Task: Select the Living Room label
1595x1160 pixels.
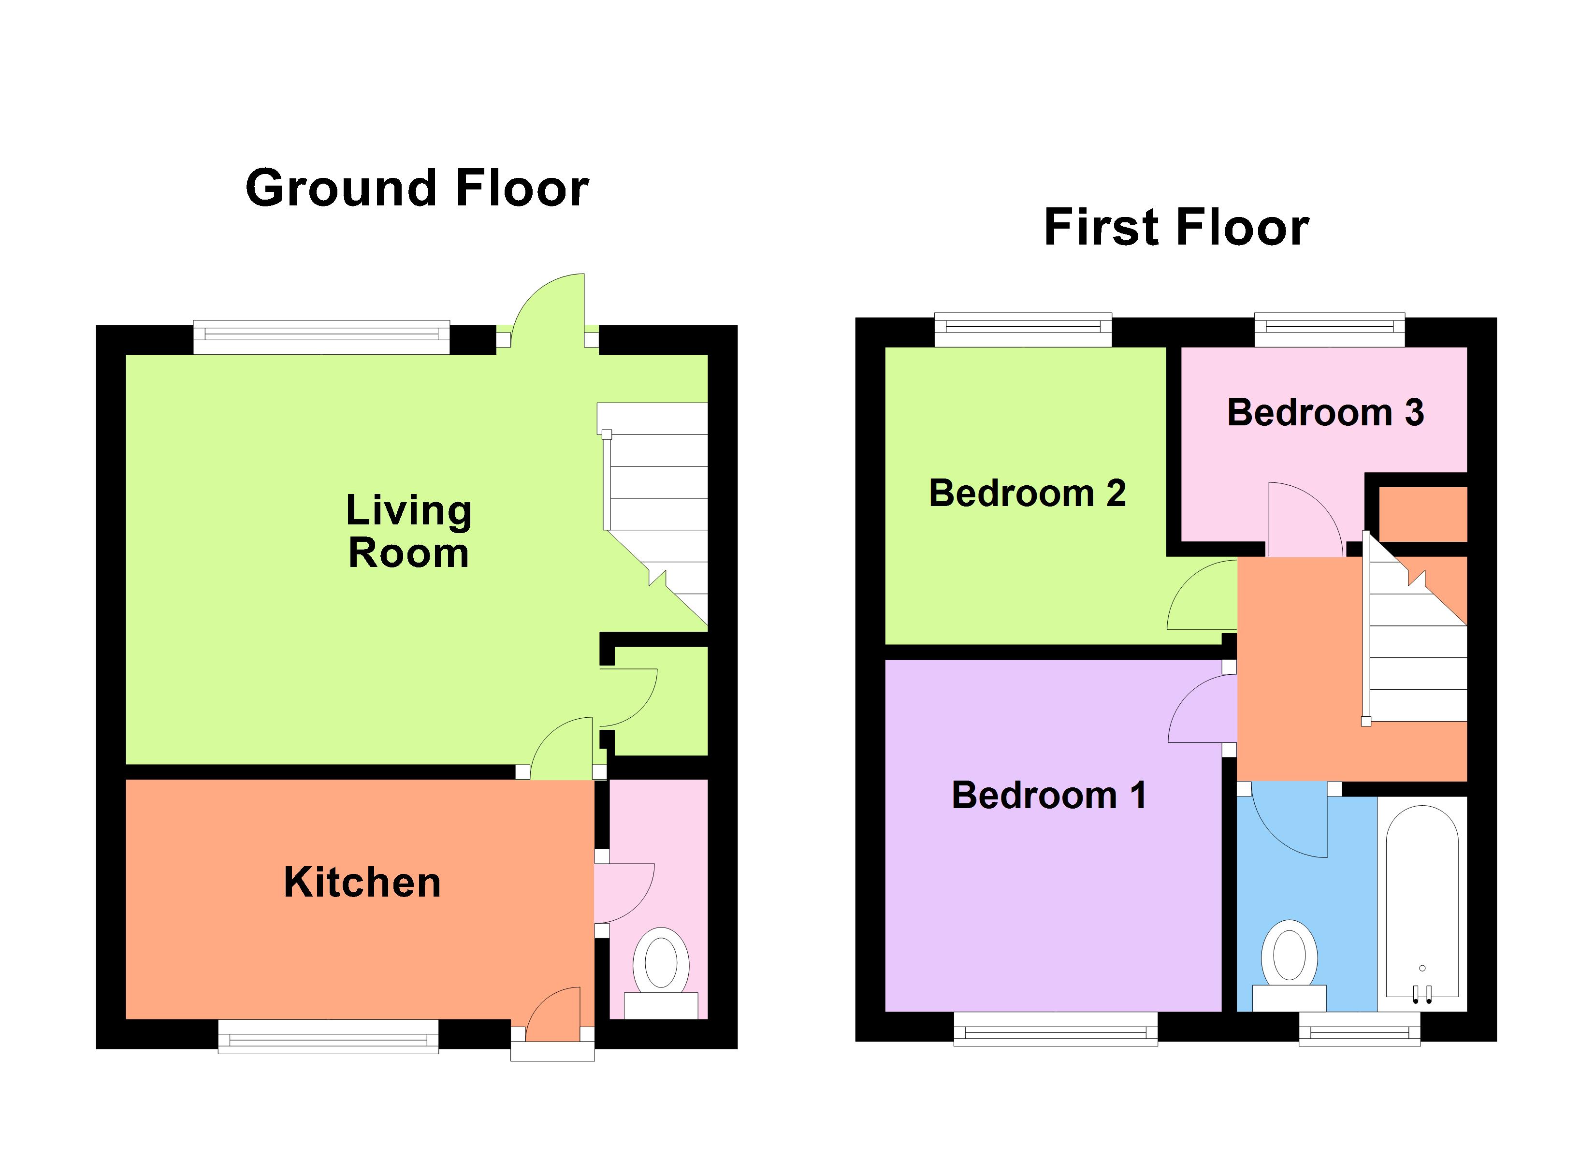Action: tap(408, 531)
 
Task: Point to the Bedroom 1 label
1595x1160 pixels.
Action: tap(1048, 796)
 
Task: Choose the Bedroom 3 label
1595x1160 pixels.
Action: tap(1325, 413)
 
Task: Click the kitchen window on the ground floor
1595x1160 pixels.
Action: tap(328, 1037)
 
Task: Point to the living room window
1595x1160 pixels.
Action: tap(321, 338)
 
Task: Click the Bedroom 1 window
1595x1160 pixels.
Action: tap(1055, 1029)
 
